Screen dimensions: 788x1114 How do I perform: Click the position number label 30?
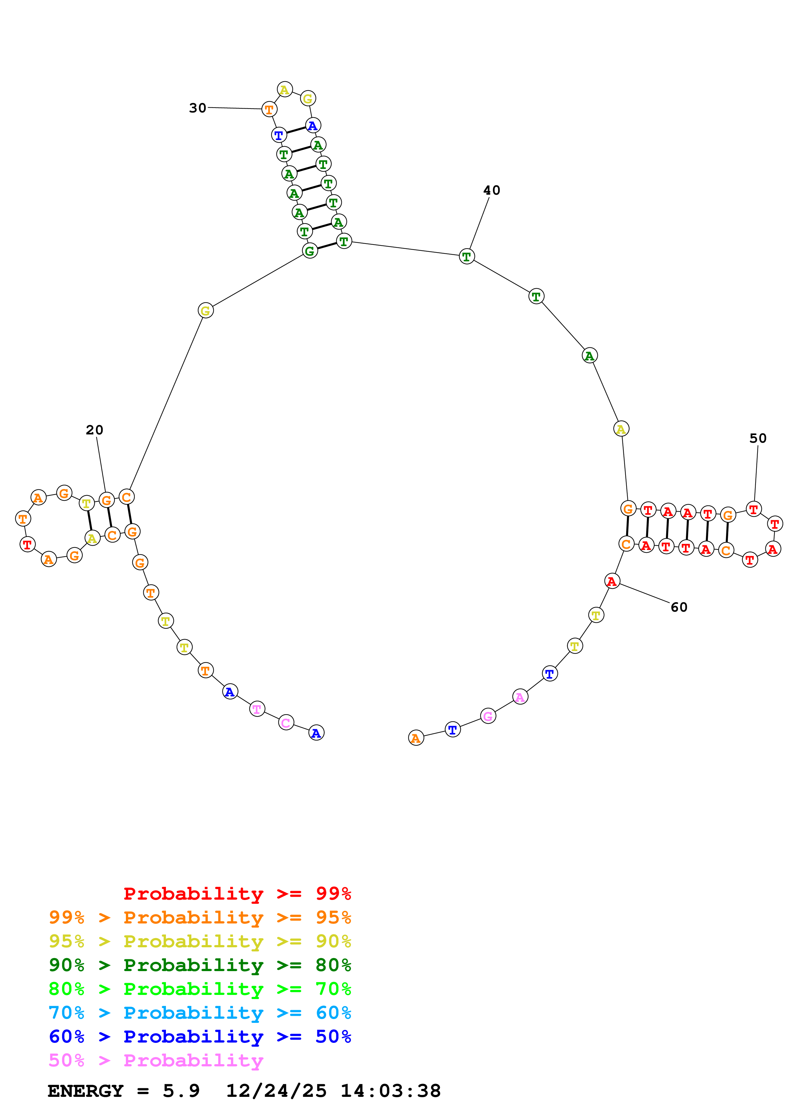coord(198,108)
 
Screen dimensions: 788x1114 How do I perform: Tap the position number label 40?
coord(491,190)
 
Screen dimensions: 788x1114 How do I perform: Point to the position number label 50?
coord(757,438)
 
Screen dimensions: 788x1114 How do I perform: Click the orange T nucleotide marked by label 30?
coord(269,109)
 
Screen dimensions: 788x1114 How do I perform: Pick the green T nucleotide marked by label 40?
coord(467,257)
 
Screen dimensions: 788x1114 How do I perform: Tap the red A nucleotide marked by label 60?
coord(612,581)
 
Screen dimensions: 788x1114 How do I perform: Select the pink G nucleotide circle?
coord(488,716)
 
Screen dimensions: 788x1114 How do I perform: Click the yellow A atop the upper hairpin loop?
coord(284,89)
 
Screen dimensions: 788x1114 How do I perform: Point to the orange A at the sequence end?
coord(415,738)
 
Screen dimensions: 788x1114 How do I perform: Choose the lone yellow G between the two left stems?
coord(205,311)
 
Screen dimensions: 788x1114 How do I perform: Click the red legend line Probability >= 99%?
coord(237,893)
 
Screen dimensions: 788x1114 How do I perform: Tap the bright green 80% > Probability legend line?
coord(200,989)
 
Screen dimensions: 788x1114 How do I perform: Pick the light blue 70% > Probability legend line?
coord(200,1013)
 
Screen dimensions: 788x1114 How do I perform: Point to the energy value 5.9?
coord(181,1091)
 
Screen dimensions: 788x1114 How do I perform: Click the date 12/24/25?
coord(276,1091)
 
